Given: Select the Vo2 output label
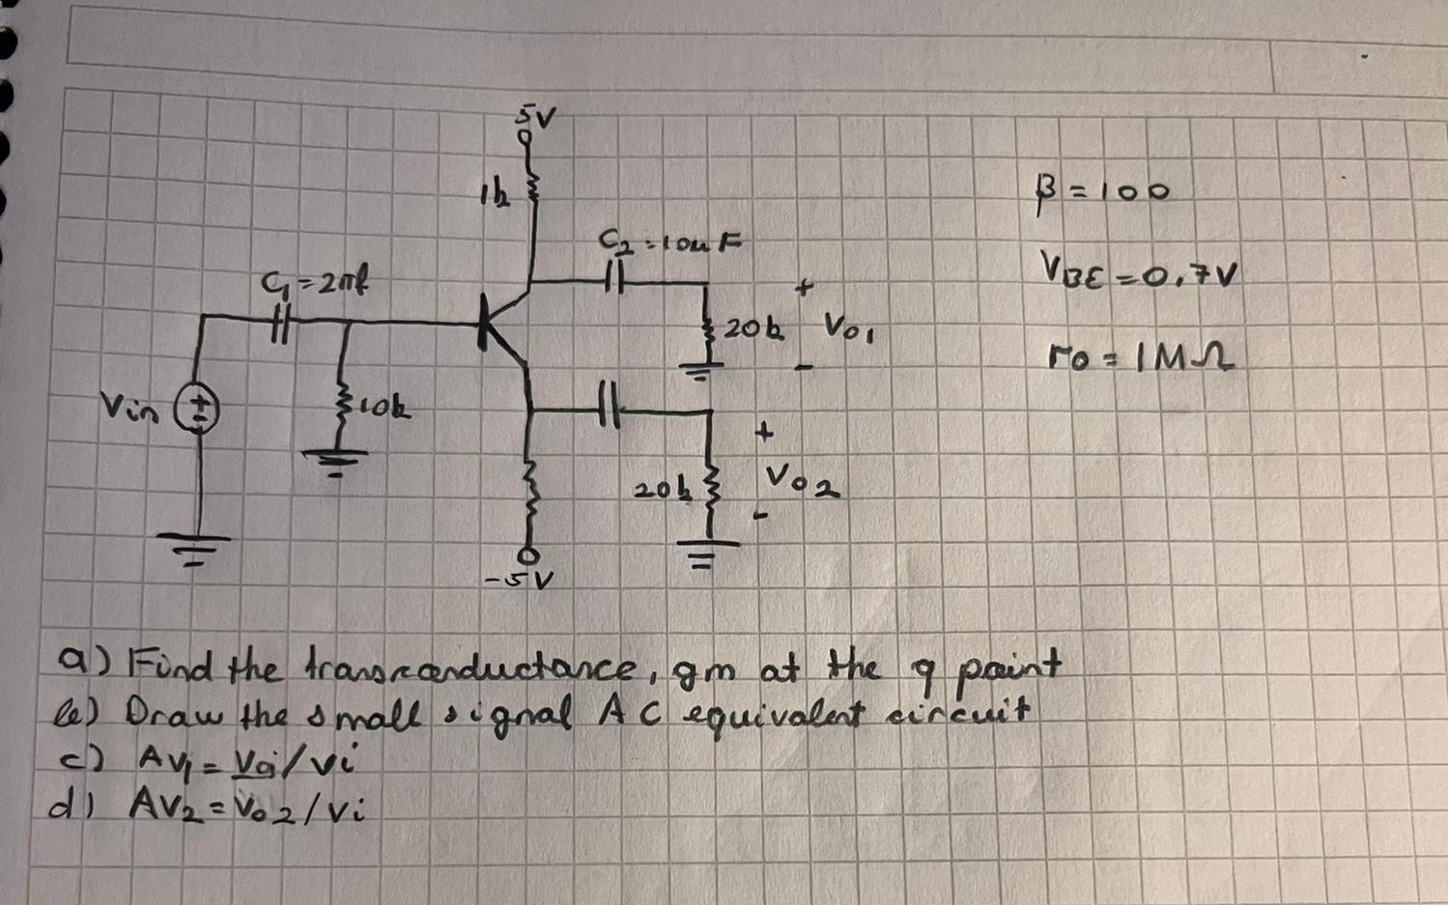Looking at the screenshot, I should [x=801, y=479].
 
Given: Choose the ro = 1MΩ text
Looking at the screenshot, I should [x=1141, y=361].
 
